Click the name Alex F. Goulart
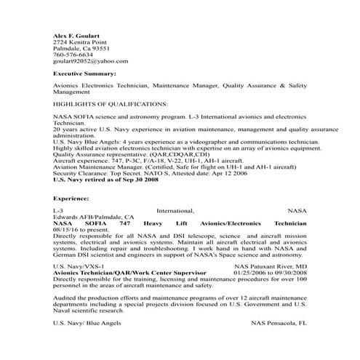(77, 36)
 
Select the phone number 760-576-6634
(73, 55)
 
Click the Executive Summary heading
(84, 73)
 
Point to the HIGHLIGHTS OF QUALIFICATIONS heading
(110, 104)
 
